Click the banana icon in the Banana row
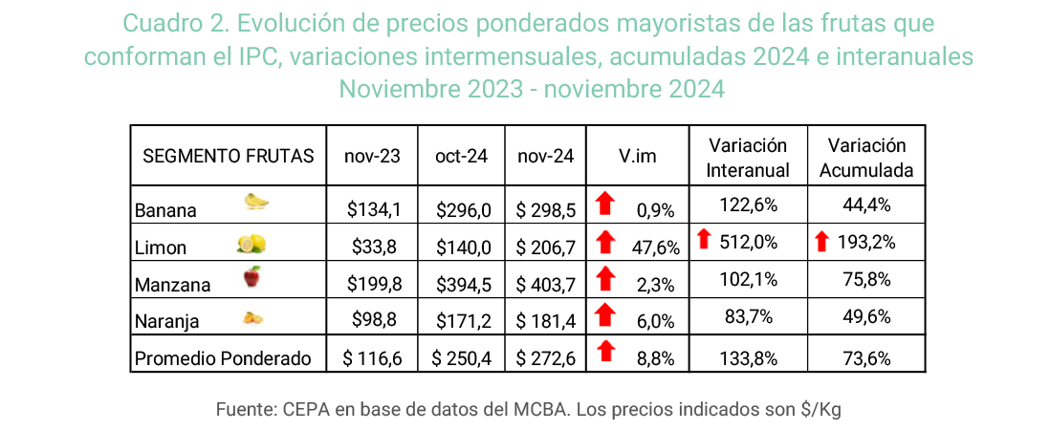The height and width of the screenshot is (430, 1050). [256, 201]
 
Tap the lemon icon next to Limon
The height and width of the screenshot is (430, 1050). [251, 245]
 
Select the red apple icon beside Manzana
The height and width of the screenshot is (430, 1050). [252, 277]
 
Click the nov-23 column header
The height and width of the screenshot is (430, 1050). [372, 156]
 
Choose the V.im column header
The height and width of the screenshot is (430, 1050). [637, 156]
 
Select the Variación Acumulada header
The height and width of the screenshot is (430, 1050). [866, 158]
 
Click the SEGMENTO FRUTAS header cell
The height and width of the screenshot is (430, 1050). [229, 156]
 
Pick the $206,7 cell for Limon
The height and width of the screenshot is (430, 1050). [545, 247]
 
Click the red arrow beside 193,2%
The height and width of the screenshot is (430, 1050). [821, 242]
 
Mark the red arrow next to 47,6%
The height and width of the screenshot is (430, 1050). [604, 245]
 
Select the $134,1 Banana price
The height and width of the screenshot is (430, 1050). [372, 209]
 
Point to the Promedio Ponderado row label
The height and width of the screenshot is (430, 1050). [224, 358]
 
